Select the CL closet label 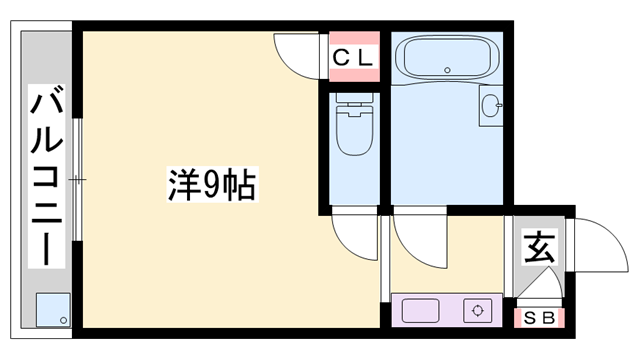coord(352,58)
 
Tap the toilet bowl coord(352,135)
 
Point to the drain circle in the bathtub coord(447,70)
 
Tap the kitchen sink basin coord(420,311)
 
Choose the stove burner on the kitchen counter coord(478,311)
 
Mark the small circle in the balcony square coord(63,320)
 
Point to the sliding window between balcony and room coord(77,180)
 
